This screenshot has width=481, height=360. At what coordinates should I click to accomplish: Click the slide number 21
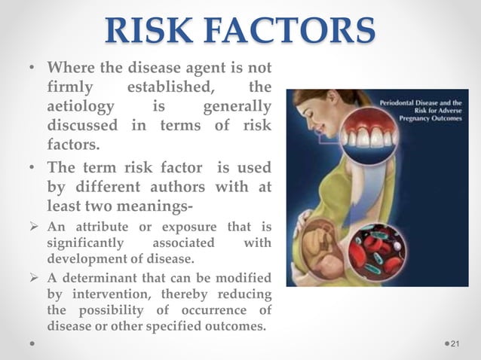[x=455, y=343]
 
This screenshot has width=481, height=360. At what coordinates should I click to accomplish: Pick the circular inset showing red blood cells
[x=378, y=249]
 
